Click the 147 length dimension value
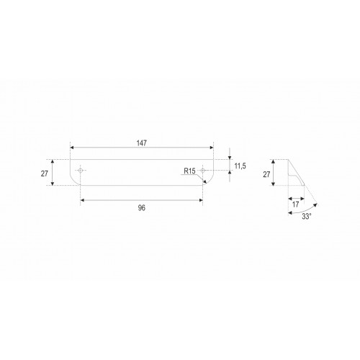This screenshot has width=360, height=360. pos(141,143)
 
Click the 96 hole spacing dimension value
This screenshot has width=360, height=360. pos(142,208)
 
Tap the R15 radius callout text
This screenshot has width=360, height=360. pos(189,171)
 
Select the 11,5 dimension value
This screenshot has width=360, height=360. pos(240,166)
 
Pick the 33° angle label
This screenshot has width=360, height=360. pos(307,216)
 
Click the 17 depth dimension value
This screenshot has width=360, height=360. pos(296,204)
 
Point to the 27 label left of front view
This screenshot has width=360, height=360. pos(45,174)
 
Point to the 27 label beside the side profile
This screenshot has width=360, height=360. pos(266,174)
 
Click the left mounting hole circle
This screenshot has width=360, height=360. pos(81,171)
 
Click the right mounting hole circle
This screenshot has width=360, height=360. pos(203,171)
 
